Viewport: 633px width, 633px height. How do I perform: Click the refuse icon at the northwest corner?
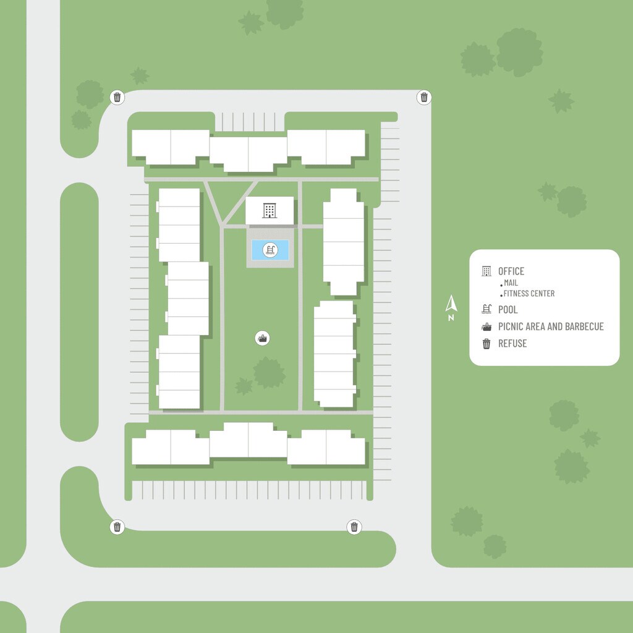tap(117, 97)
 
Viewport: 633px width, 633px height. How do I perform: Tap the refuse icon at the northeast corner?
tap(424, 97)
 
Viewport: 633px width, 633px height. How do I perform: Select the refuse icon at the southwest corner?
tap(117, 527)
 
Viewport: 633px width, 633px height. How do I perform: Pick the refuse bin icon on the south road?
tap(354, 527)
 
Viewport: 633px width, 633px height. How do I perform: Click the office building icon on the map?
tap(270, 210)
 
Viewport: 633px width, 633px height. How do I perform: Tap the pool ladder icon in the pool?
tap(270, 250)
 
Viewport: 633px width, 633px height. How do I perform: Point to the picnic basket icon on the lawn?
tap(263, 338)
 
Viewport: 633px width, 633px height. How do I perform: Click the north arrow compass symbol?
tap(451, 303)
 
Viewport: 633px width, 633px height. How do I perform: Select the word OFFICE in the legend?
tap(511, 271)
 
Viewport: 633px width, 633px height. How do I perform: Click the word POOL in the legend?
tap(508, 310)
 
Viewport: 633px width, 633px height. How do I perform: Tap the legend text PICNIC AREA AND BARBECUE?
tap(551, 326)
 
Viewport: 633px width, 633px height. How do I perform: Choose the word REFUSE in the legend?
tap(512, 344)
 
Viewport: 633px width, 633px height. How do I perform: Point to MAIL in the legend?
tap(511, 283)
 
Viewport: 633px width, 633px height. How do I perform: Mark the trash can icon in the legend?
tap(486, 344)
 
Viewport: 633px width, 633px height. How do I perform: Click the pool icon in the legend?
tap(486, 310)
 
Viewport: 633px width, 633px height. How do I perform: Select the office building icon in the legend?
tap(486, 271)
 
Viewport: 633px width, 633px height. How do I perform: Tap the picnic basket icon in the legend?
tap(486, 327)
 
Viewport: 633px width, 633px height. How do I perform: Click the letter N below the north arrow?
tap(451, 318)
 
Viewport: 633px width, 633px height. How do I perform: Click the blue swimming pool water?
tap(258, 250)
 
